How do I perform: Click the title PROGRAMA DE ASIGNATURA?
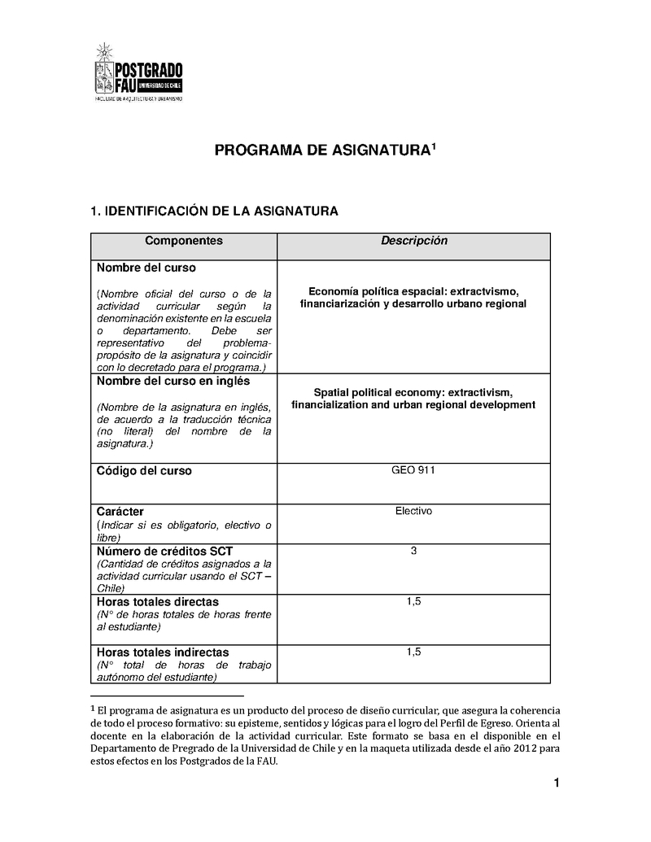(325, 151)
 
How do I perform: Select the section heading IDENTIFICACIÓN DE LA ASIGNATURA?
(214, 212)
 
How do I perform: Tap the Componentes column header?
(183, 241)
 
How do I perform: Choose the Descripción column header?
(414, 241)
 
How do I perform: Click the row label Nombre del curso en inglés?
(173, 381)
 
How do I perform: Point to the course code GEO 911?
(413, 470)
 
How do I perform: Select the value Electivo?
(413, 511)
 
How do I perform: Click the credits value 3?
(413, 551)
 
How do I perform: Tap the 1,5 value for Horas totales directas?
(413, 601)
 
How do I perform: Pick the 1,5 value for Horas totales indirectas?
(413, 652)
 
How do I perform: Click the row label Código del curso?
(144, 471)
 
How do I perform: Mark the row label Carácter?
(120, 512)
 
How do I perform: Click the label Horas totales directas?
(157, 602)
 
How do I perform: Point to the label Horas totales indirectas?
(163, 652)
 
